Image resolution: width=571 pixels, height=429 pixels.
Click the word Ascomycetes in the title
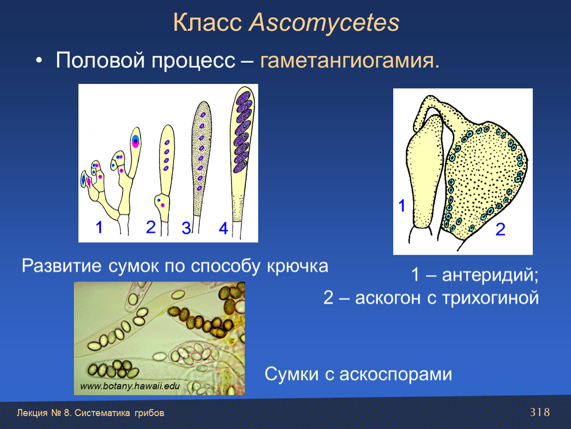click(324, 23)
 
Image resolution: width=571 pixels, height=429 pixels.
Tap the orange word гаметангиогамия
click(350, 61)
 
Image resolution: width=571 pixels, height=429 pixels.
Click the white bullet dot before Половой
click(39, 61)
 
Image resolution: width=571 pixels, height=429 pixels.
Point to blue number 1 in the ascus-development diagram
click(99, 227)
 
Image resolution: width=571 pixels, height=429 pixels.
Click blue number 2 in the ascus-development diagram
click(151, 227)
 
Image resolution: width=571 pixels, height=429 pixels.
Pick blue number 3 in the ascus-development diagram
click(186, 228)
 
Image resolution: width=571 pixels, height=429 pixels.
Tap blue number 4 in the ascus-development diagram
click(223, 228)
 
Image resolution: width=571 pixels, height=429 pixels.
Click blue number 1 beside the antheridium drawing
click(402, 206)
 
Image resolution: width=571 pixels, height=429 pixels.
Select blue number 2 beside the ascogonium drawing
click(500, 229)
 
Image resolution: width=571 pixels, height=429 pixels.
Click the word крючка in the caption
click(297, 266)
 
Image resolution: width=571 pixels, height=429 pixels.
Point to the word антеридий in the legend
click(490, 275)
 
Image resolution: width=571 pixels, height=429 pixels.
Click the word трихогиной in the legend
click(491, 298)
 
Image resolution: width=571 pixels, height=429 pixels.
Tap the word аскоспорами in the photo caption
click(395, 374)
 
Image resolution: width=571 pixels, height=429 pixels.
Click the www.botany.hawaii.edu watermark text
click(130, 386)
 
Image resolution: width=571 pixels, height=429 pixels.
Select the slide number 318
click(540, 412)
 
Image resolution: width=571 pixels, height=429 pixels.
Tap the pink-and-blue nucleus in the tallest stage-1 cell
click(136, 141)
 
